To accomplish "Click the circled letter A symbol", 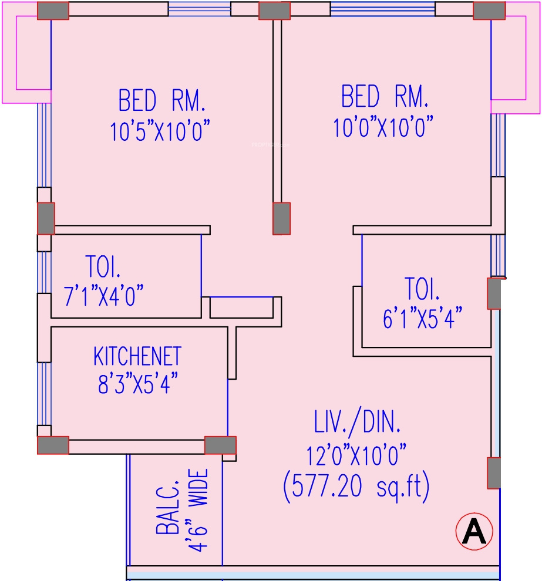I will click(x=474, y=532).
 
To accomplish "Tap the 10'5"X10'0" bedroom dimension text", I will click(x=160, y=131).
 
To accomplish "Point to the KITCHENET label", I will click(x=137, y=356).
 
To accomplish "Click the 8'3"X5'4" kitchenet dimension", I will click(x=137, y=385).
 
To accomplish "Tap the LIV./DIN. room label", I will click(x=357, y=423).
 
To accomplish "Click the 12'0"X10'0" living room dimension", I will click(x=357, y=454).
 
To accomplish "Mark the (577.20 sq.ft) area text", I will click(x=356, y=487).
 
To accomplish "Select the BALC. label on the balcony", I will click(x=167, y=508).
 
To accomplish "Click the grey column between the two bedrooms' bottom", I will click(x=281, y=218).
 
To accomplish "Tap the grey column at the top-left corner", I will click(x=53, y=11).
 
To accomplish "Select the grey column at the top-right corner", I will click(x=489, y=11).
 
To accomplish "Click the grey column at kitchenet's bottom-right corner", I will click(x=220, y=445).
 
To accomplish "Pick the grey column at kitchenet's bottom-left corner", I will click(x=53, y=445).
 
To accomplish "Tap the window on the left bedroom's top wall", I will click(x=199, y=9).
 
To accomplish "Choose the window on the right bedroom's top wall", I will click(x=382, y=9).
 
